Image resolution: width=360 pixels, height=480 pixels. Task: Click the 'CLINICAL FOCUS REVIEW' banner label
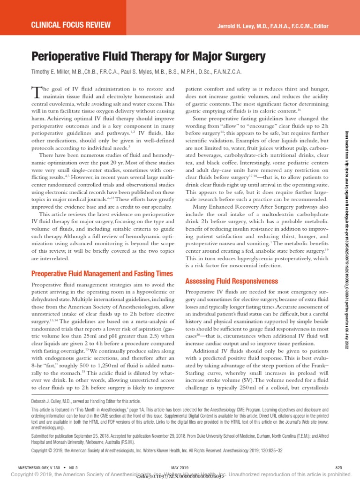[70, 24]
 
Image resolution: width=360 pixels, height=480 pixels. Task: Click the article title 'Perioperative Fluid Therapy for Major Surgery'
[148, 57]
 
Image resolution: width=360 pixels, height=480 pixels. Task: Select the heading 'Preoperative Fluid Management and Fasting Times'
[102, 273]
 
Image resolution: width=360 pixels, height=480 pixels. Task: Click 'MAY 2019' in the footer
[180, 468]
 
